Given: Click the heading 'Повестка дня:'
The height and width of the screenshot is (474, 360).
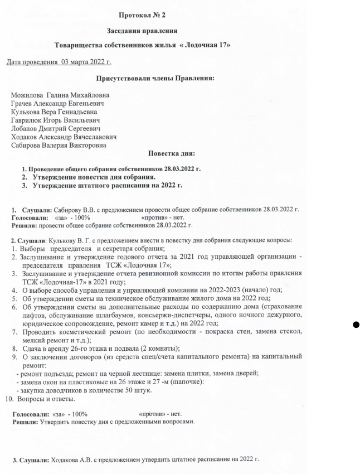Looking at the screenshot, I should click(171, 153).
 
